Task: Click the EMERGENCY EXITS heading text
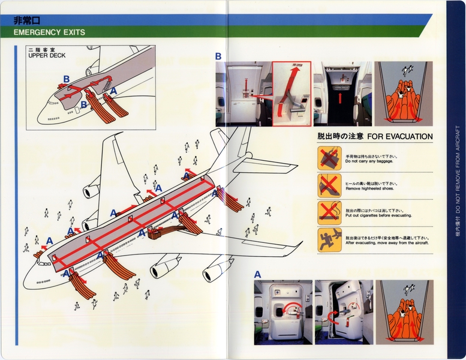click(x=49, y=32)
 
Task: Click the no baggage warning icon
click(x=329, y=158)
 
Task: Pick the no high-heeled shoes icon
click(x=329, y=184)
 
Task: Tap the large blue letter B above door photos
click(x=218, y=56)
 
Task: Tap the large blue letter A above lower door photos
click(x=257, y=274)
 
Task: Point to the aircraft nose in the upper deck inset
click(x=41, y=115)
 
